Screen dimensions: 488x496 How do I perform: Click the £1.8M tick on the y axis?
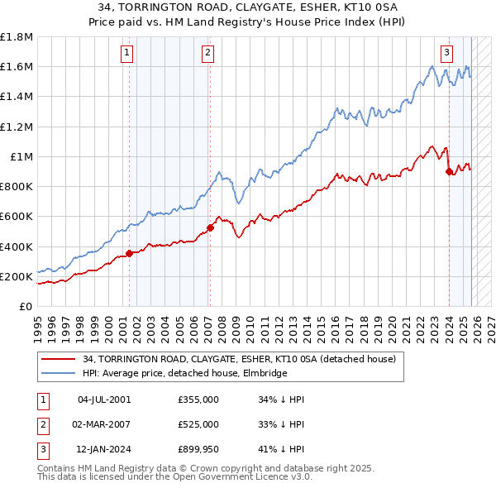[x=17, y=37]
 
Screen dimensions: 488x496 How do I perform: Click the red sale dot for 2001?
[x=130, y=253]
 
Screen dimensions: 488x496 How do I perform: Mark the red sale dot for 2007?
[x=210, y=227]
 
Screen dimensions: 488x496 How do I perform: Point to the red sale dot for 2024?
[x=449, y=171]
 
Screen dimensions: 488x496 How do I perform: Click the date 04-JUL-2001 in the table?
[x=104, y=399]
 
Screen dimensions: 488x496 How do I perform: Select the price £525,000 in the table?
[x=198, y=423]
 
